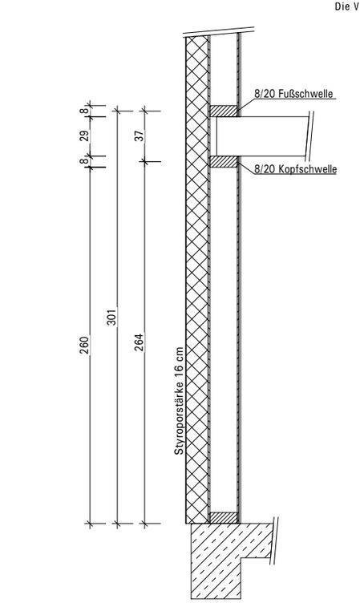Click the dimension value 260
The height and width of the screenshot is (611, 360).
tap(85, 345)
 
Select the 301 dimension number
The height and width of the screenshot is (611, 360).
tap(111, 317)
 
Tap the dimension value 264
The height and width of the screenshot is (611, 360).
tap(139, 342)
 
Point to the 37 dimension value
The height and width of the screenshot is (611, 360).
tap(140, 135)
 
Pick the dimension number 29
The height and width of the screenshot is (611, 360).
tap(85, 135)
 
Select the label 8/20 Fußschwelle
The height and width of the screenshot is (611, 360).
tap(293, 94)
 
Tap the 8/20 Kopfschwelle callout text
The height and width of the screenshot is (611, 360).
tap(295, 169)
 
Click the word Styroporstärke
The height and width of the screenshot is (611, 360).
tap(179, 416)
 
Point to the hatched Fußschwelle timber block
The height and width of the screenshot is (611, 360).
tap(224, 111)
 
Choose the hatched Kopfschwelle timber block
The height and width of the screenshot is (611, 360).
tap(224, 162)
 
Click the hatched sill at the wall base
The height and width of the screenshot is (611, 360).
tap(224, 517)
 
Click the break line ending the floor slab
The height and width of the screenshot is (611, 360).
tap(310, 136)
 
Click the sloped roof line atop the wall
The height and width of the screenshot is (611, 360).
tap(219, 31)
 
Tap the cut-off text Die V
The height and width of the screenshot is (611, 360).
tap(347, 6)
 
